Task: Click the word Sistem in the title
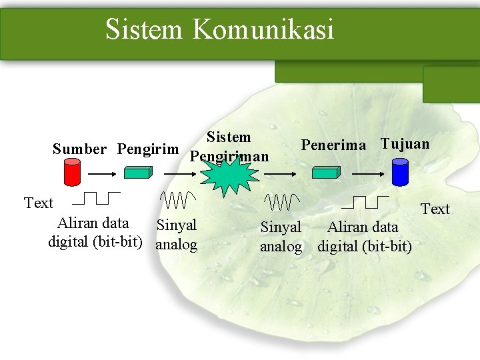tap(143, 29)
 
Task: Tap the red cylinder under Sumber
tap(71, 172)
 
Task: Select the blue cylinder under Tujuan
tap(400, 172)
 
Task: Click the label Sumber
tap(79, 149)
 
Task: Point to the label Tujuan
tap(405, 144)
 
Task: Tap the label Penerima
tap(334, 145)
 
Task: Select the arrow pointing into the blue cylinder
tap(367, 173)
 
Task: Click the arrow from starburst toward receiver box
tap(279, 173)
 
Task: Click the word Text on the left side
tap(38, 203)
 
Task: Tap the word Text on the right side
tap(435, 209)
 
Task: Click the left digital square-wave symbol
tap(96, 198)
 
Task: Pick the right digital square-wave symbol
tap(369, 201)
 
